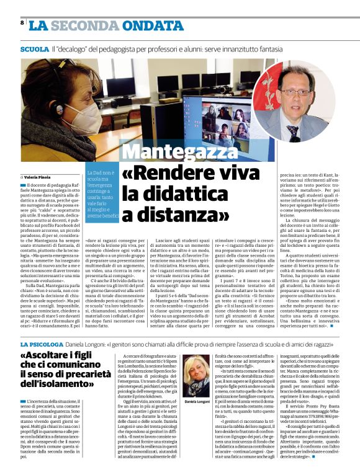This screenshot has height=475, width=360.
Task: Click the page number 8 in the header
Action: click(x=22, y=23)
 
